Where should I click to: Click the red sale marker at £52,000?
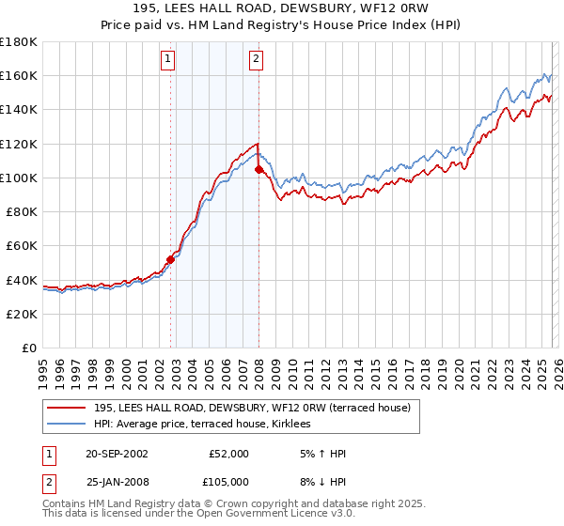(x=171, y=259)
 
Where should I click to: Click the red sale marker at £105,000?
(x=259, y=169)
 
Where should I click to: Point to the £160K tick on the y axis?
(x=19, y=75)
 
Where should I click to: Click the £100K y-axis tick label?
(x=19, y=178)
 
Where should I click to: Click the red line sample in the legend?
(x=68, y=408)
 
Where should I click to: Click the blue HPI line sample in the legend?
(x=68, y=425)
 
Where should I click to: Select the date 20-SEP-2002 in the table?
(x=117, y=454)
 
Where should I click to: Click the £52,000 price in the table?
(x=227, y=454)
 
